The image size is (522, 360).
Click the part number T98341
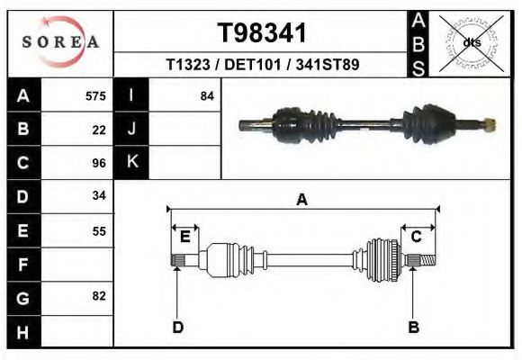point(263,32)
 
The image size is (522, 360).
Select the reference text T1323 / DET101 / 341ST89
point(263,66)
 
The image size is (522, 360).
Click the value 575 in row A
point(95,96)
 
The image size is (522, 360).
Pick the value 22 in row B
point(99,130)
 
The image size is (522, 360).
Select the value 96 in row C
point(99,163)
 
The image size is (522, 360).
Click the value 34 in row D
point(99,196)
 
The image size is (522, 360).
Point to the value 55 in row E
point(99,230)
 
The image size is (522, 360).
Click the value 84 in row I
point(207,96)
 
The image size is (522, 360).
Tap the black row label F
point(23,265)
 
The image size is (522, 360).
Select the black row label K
point(131,163)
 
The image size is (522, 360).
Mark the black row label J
point(131,130)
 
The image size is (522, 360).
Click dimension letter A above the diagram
point(302,200)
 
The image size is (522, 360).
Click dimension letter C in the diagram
point(417,237)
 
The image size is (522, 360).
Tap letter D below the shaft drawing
point(178,327)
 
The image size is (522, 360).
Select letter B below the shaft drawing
point(414,327)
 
